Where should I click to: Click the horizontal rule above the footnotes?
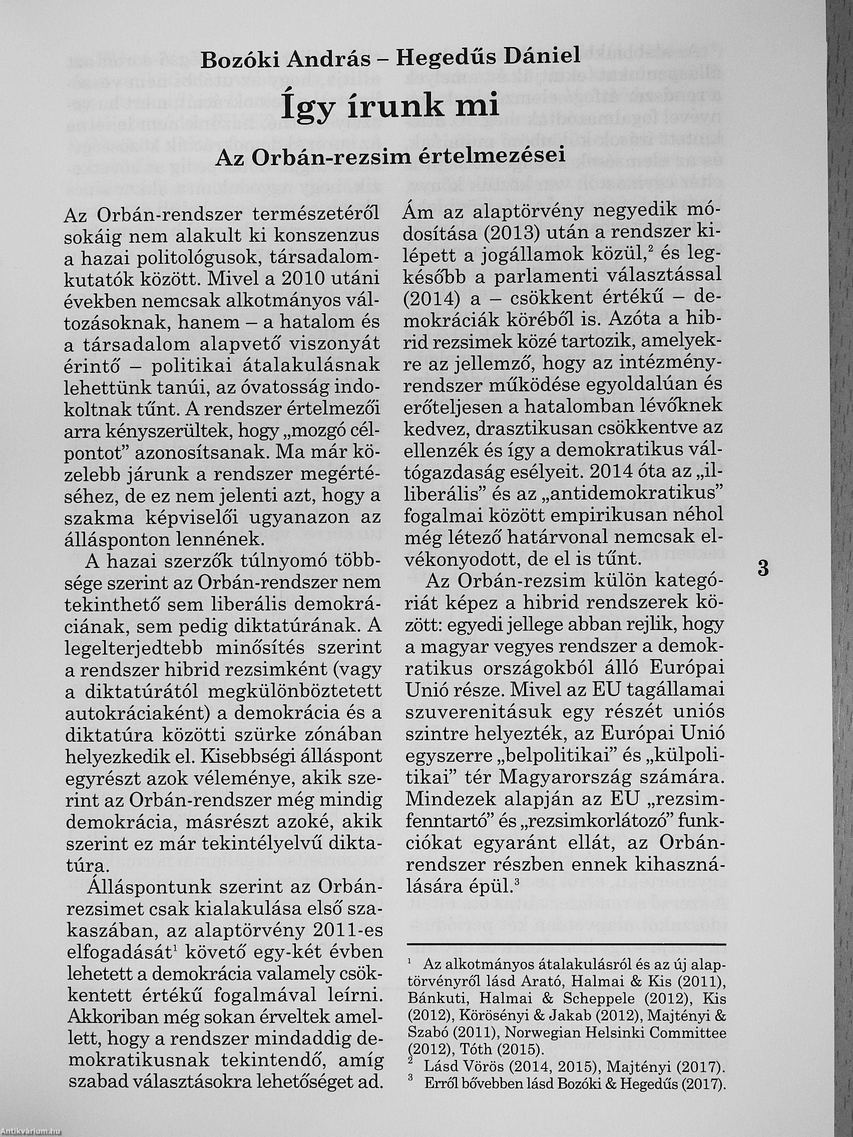coord(566,944)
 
